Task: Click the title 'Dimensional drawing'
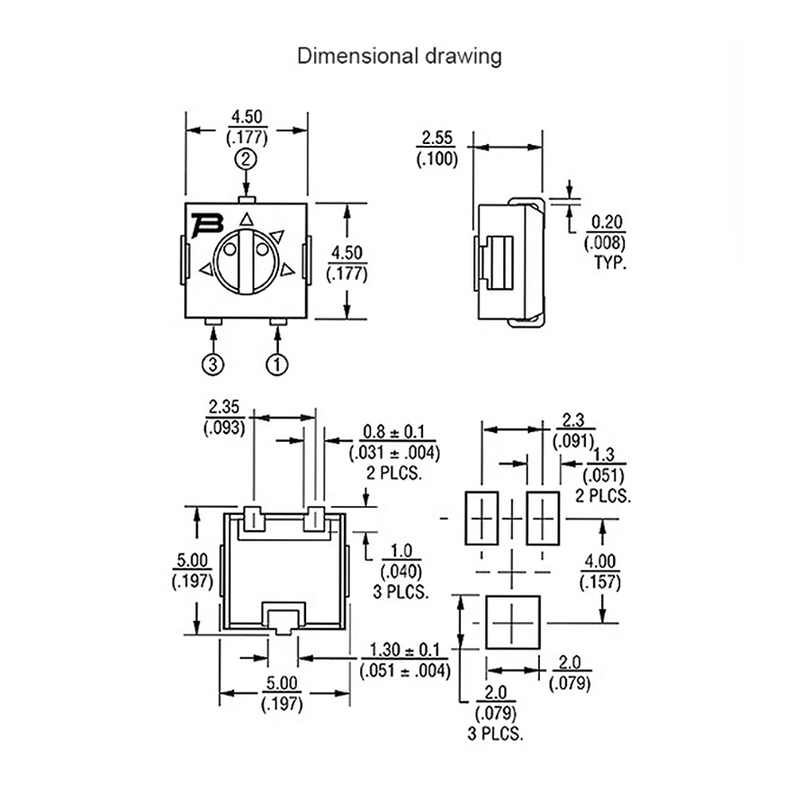click(400, 56)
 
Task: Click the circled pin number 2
click(246, 158)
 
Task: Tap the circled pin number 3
click(212, 364)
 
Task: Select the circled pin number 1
click(277, 364)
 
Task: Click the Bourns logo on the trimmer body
click(206, 224)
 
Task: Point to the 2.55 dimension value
click(437, 138)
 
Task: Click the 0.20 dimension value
click(607, 222)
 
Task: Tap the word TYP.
click(610, 263)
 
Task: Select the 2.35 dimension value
click(224, 407)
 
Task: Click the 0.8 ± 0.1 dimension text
click(393, 431)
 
